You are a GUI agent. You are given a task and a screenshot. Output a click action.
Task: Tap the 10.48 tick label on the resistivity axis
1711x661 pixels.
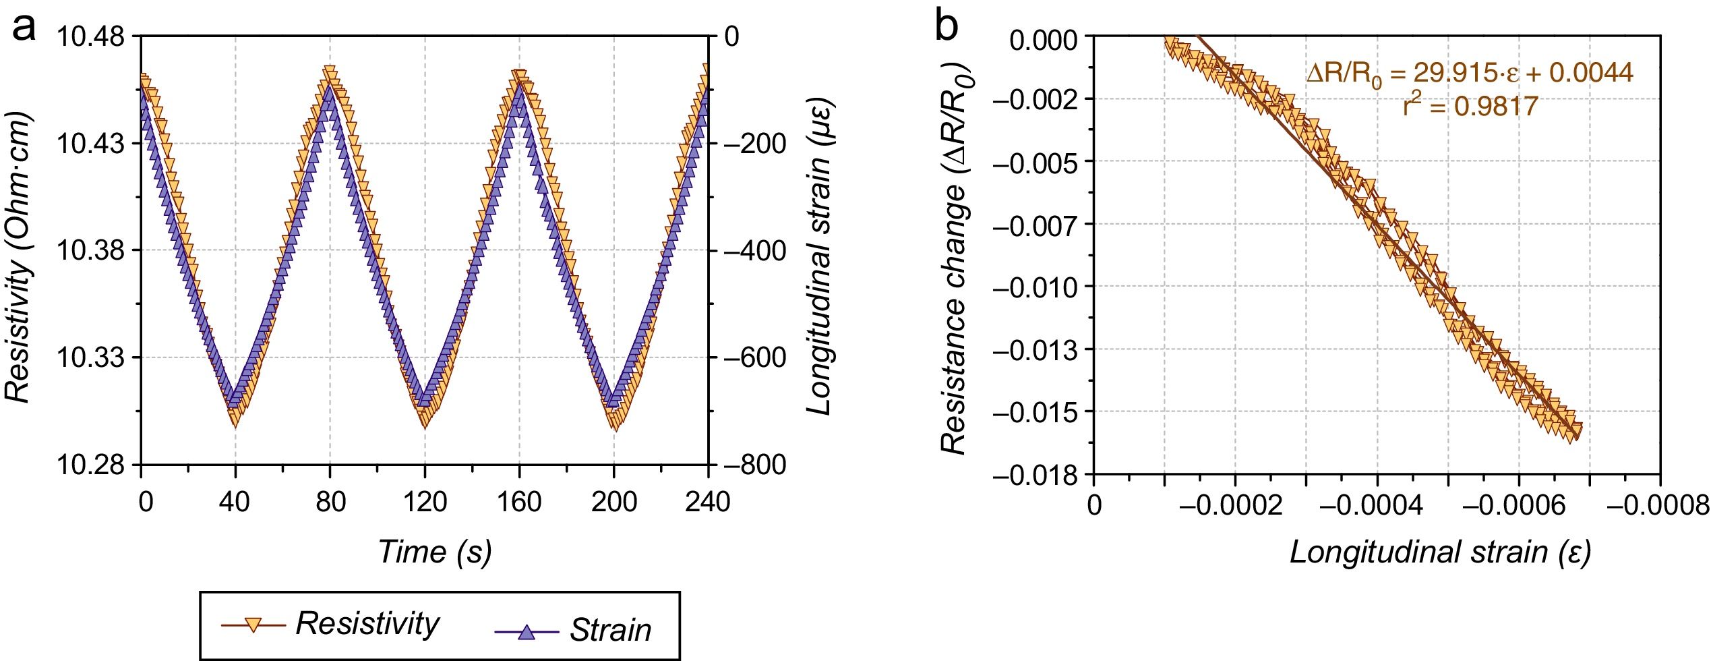tap(90, 36)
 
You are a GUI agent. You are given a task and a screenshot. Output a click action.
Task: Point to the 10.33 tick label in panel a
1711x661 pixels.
tap(90, 357)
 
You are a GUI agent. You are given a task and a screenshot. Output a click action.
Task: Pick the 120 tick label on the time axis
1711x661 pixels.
tap(425, 502)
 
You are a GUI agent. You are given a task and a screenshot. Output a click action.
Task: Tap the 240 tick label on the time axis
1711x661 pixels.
tap(708, 502)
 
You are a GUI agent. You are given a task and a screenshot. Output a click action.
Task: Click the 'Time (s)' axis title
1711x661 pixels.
tap(435, 552)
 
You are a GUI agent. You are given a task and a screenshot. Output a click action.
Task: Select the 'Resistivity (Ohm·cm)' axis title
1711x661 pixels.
tap(19, 258)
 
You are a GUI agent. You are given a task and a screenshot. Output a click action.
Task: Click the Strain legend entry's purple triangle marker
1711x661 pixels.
tap(527, 632)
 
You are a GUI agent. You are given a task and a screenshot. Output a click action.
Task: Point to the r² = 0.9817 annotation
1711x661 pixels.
tap(1470, 106)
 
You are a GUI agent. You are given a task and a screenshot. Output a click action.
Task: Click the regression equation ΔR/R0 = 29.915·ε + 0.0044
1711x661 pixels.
tap(1470, 73)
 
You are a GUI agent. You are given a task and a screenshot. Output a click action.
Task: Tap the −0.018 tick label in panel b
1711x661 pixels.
tap(1035, 476)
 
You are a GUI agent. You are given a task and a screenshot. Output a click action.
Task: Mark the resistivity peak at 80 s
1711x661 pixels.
tap(330, 73)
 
